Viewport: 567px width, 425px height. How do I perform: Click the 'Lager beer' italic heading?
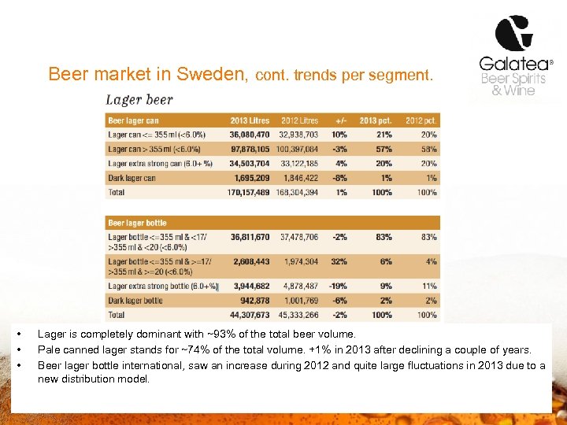pyautogui.click(x=139, y=100)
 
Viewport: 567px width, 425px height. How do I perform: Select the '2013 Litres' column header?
pyautogui.click(x=250, y=120)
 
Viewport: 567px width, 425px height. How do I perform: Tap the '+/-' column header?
pyautogui.click(x=341, y=120)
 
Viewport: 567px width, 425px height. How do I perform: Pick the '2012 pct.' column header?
pyautogui.click(x=421, y=120)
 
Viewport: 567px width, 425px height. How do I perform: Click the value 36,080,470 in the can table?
pyautogui.click(x=250, y=135)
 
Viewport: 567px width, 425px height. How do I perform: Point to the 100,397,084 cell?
pyautogui.click(x=298, y=149)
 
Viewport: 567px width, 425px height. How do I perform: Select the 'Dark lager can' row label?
pyautogui.click(x=132, y=178)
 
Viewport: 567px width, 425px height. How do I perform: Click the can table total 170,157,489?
pyautogui.click(x=248, y=192)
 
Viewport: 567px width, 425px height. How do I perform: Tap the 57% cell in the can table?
pyautogui.click(x=384, y=149)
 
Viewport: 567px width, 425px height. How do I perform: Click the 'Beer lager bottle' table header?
pyautogui.click(x=137, y=223)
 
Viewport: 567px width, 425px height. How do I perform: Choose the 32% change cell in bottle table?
pyautogui.click(x=339, y=261)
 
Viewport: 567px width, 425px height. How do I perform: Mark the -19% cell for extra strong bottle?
pyautogui.click(x=338, y=286)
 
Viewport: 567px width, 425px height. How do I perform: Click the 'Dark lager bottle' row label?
pyautogui.click(x=135, y=300)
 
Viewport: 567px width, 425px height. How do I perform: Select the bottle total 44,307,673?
pyautogui.click(x=250, y=315)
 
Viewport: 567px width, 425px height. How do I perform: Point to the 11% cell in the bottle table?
pyautogui.click(x=428, y=286)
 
